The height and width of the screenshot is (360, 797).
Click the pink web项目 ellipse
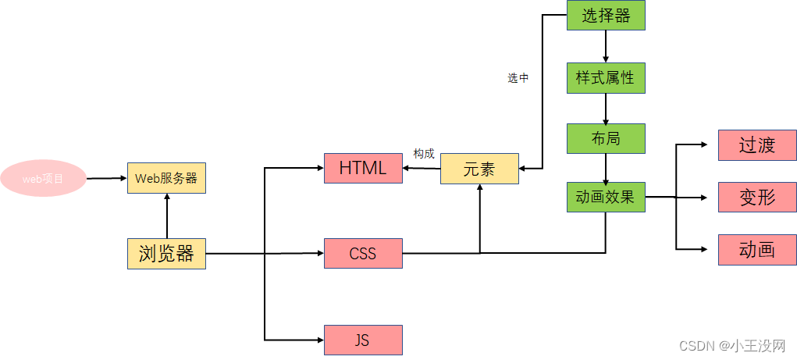[x=42, y=179]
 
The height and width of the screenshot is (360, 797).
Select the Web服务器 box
[x=166, y=178]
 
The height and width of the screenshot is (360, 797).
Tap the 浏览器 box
[x=166, y=254]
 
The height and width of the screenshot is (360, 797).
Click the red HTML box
[x=363, y=168]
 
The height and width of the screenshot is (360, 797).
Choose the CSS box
[x=363, y=254]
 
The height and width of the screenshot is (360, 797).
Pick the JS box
[x=363, y=340]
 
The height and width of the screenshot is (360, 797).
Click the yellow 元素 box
[x=479, y=169]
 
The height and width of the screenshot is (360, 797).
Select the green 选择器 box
[x=606, y=15]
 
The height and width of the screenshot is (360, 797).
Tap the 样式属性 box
[x=606, y=78]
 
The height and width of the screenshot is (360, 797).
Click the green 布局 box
[x=606, y=139]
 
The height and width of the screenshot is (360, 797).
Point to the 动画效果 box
[x=606, y=197]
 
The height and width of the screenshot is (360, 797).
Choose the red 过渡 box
[x=757, y=145]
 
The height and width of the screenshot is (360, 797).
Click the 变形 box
[x=757, y=197]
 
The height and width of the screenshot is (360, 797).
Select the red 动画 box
[x=757, y=249]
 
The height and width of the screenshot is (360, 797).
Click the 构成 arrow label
[x=424, y=154]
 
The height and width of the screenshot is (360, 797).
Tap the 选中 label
[x=518, y=78]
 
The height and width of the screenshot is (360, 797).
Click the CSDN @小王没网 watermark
[x=732, y=345]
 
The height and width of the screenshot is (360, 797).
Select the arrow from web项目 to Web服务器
[x=106, y=178]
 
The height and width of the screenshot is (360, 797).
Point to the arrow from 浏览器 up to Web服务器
[x=166, y=216]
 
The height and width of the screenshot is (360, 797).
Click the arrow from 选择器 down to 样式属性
[x=606, y=46]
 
